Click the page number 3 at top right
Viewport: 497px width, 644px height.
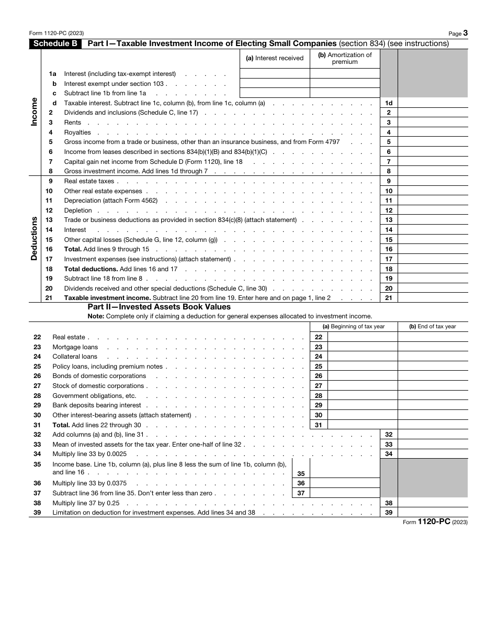click(x=465, y=33)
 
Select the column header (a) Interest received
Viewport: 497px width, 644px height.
click(x=274, y=58)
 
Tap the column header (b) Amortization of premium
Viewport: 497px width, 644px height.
click(x=345, y=58)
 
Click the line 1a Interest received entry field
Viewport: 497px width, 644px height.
click(x=274, y=74)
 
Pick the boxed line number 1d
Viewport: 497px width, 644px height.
click(x=388, y=103)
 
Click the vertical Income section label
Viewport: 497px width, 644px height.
click(x=35, y=111)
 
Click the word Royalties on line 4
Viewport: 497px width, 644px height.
click(x=77, y=132)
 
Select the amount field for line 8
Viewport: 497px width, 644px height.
click(x=433, y=171)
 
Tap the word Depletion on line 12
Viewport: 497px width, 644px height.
click(x=78, y=210)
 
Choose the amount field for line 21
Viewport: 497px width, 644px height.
click(x=433, y=298)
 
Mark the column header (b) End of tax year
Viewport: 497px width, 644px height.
click(x=432, y=327)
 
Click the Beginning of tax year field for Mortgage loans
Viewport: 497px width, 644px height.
click(x=362, y=347)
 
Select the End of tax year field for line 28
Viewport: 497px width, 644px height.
click(x=433, y=396)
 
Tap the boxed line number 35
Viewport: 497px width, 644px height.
click(x=301, y=473)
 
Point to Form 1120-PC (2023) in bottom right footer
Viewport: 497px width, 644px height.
click(x=435, y=522)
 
